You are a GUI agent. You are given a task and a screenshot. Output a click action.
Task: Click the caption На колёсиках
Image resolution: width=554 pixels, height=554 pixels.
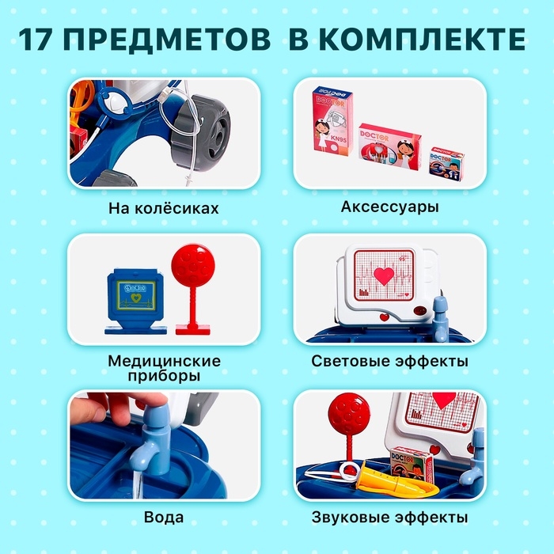tap(164, 209)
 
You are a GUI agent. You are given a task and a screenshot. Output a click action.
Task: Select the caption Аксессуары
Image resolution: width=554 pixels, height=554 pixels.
tap(390, 207)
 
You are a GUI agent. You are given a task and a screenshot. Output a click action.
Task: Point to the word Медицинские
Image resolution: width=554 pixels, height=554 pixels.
tap(164, 361)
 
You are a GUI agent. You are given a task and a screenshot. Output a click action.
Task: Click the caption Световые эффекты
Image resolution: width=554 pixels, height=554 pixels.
tap(389, 362)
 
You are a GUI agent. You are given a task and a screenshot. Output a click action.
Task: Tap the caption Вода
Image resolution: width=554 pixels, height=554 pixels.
tap(164, 518)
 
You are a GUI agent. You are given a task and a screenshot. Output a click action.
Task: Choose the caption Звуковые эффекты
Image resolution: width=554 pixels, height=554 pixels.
tap(389, 518)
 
